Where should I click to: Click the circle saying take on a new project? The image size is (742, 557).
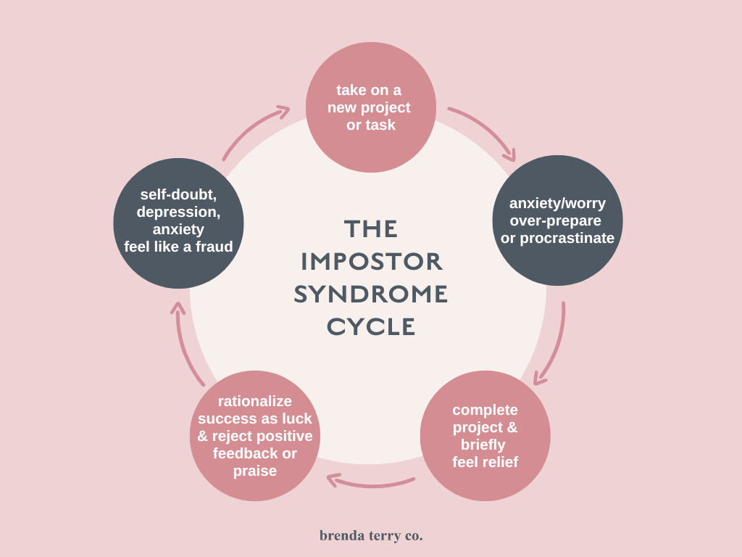coord(370,107)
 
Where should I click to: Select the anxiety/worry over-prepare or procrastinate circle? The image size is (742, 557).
coord(557,220)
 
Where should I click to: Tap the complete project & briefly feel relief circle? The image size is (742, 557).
coord(485,436)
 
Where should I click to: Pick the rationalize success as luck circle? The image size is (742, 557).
coord(255,436)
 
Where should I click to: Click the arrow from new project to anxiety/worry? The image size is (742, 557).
coord(485,131)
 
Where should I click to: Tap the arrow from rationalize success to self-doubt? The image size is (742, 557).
coord(186,344)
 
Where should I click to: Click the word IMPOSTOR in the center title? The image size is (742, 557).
coord(371,262)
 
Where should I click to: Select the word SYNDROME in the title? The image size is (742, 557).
coord(371,294)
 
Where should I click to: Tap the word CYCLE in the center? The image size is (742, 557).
coord(371,327)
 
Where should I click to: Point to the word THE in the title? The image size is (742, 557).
coord(371,229)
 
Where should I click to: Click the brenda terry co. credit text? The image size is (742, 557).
coord(371,536)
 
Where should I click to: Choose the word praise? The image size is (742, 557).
coord(255,471)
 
